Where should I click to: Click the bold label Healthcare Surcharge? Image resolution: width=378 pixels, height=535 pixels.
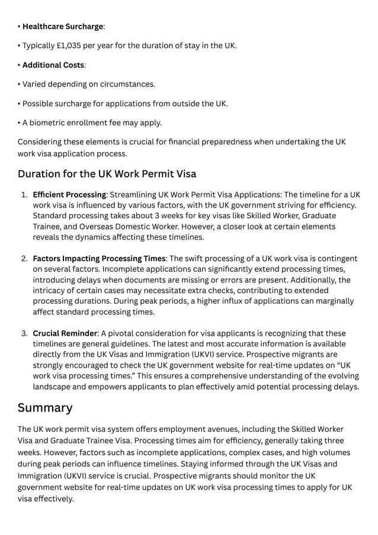point(63,27)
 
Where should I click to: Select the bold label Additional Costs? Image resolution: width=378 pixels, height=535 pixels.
point(53,65)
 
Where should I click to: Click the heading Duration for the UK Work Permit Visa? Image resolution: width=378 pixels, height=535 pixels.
point(107,174)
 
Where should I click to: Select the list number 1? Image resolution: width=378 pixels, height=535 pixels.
point(24,195)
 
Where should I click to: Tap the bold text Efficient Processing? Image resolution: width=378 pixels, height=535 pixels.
point(69,195)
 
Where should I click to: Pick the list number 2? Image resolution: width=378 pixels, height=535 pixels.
point(24,259)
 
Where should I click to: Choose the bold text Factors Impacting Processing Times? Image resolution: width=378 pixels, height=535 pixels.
point(99,259)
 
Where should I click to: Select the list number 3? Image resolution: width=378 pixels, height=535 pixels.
point(24,333)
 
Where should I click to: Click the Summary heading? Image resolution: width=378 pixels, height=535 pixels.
point(45,408)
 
